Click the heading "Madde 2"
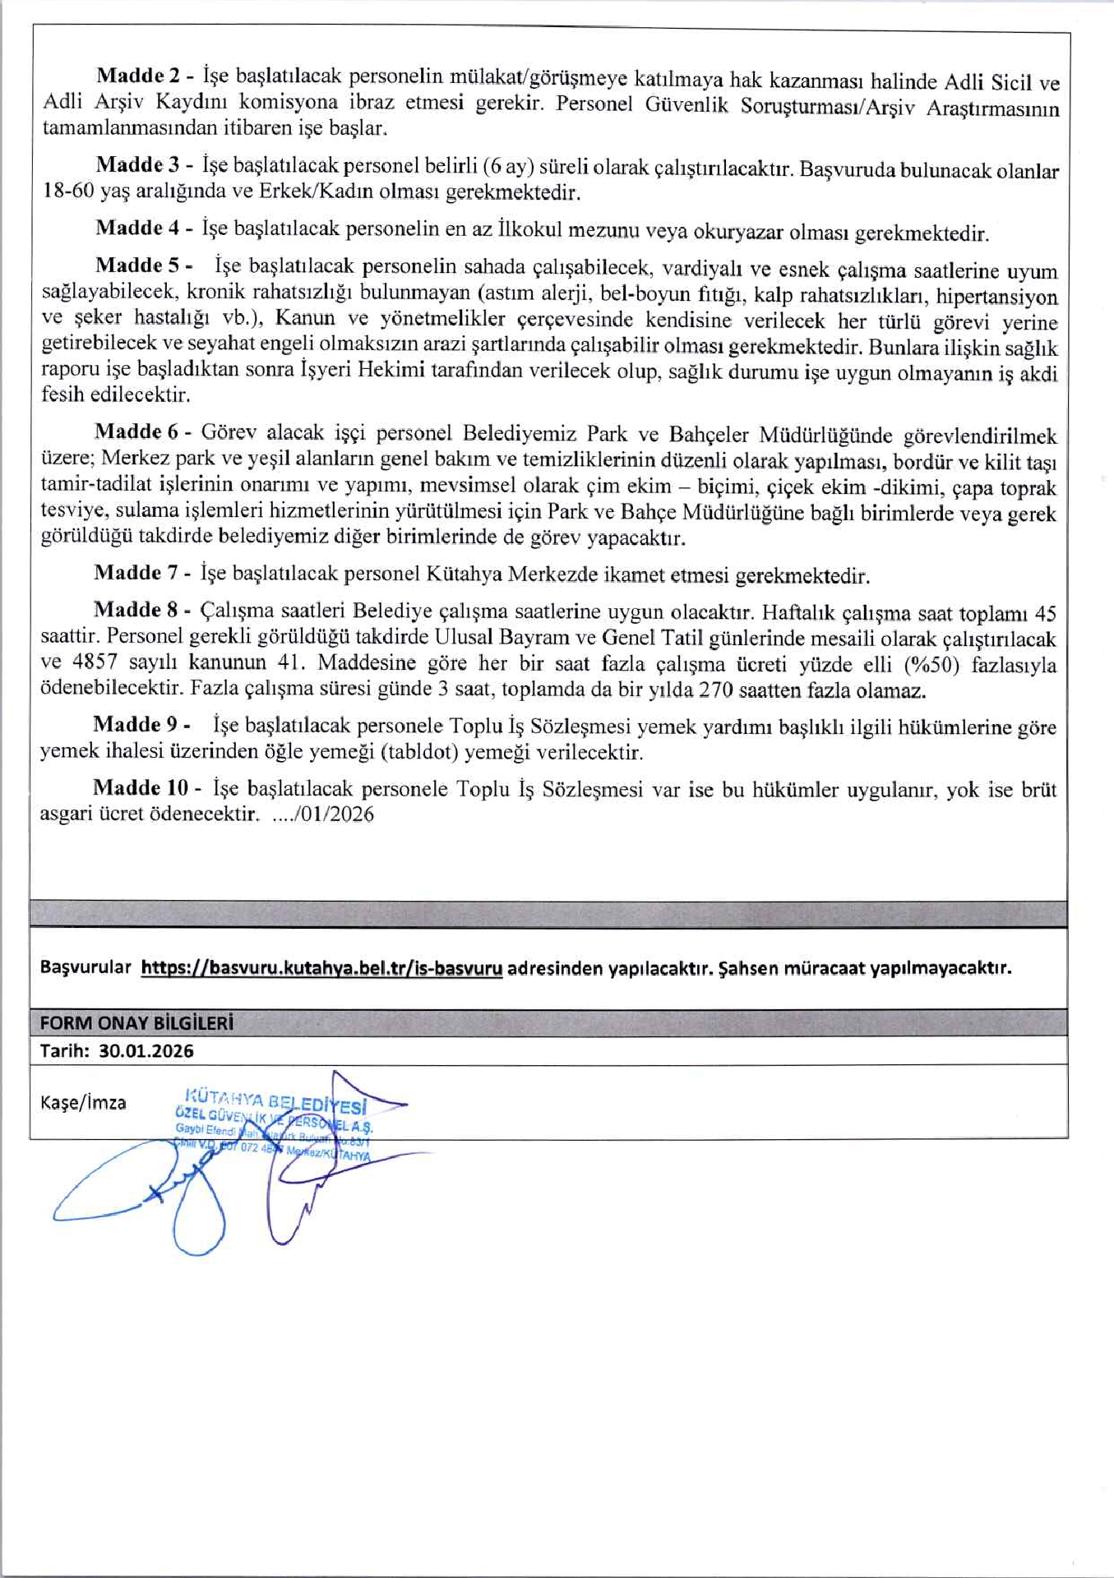pos(138,76)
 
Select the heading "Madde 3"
pos(138,164)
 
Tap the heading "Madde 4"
pos(137,228)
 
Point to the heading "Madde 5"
pos(137,265)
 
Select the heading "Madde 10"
pos(141,787)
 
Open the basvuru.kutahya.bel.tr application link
pos(321,968)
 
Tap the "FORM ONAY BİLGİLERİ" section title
pos(136,1023)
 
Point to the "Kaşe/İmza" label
pos(83,1103)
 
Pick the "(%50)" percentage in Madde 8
pos(929,665)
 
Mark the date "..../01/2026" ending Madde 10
pos(322,814)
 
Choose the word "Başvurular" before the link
pos(86,967)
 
